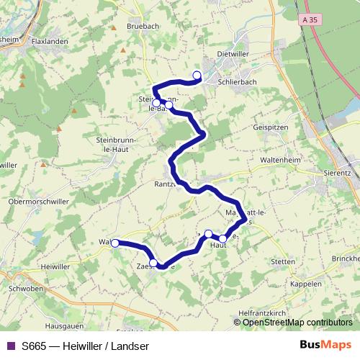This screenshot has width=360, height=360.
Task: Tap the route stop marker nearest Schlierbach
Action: pos(197,74)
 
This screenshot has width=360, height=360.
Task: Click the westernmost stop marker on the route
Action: pos(114,243)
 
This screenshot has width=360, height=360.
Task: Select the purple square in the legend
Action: pos(10,346)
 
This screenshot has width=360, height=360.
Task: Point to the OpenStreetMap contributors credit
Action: pos(297,322)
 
